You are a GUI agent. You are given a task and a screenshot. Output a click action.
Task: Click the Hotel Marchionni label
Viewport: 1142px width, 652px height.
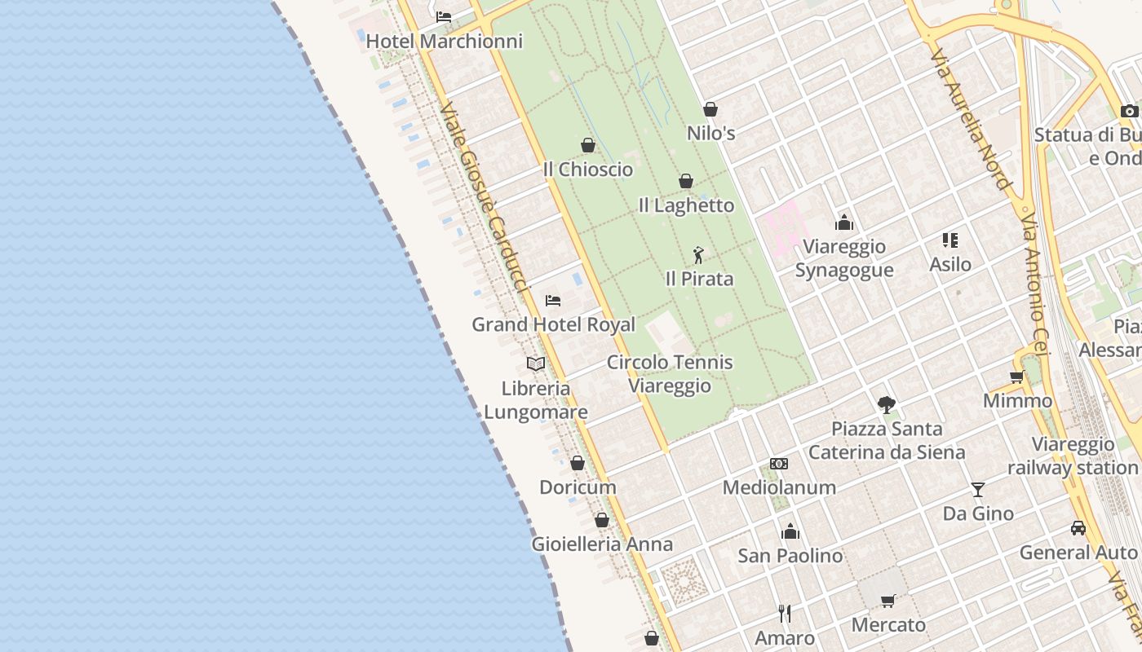(x=444, y=41)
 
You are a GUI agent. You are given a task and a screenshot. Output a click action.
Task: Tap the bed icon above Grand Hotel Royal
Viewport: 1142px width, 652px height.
(x=553, y=300)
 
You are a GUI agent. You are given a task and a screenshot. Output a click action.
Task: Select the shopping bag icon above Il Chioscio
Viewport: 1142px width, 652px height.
(x=587, y=145)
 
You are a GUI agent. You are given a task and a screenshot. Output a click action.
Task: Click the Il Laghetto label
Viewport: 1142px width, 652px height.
(x=686, y=205)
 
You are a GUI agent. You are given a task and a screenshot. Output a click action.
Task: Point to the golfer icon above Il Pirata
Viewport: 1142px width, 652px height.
(x=698, y=255)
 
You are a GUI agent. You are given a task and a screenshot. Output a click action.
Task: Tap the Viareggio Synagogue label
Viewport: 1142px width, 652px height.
(x=844, y=258)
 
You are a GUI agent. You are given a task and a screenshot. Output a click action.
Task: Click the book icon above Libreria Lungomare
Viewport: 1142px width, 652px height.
(x=536, y=363)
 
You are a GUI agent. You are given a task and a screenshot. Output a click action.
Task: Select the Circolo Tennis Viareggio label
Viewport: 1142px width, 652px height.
(x=670, y=373)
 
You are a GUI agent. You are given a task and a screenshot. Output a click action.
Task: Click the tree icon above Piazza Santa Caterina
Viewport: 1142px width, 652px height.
(x=887, y=404)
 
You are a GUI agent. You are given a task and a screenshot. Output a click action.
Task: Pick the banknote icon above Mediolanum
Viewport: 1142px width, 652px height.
(x=779, y=464)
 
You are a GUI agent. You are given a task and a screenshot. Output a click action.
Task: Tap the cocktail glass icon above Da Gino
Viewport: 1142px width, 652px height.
(x=978, y=490)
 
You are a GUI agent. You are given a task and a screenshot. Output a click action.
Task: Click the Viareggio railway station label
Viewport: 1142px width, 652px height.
(x=1073, y=456)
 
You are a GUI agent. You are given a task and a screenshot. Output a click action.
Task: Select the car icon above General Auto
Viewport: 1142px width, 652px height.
(x=1078, y=528)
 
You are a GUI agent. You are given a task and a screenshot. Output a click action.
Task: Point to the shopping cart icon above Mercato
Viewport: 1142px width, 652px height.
(x=888, y=601)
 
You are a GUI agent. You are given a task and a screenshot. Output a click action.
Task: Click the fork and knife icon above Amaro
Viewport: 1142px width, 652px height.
(x=785, y=613)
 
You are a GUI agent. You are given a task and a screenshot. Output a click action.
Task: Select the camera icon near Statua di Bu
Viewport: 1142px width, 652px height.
(x=1129, y=111)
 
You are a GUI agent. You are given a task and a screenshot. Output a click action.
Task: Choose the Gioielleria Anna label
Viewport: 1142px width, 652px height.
(x=602, y=544)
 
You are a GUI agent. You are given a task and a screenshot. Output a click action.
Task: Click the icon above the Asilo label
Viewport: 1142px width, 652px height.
(x=950, y=240)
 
